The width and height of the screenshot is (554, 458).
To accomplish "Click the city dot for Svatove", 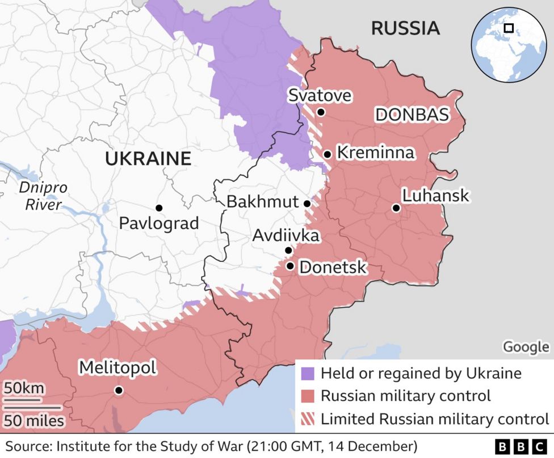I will point(321,112).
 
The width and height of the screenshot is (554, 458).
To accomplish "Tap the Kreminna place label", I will point(375,152).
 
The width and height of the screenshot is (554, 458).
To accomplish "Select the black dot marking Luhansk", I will point(396,208).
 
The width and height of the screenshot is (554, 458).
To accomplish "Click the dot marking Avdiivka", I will point(288,251).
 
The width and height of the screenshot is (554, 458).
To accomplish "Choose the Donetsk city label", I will point(333,267).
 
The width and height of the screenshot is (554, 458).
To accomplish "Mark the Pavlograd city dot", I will point(159,208).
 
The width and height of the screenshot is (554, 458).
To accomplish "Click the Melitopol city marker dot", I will point(119,390).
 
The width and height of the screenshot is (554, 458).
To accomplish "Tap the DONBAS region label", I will point(412,115).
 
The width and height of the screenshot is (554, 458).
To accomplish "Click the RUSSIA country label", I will point(405,28).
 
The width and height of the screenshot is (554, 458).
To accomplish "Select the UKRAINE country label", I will point(148,159).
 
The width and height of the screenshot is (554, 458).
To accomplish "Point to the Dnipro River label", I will point(43,196).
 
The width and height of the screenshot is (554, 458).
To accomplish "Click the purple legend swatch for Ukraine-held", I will point(307,374).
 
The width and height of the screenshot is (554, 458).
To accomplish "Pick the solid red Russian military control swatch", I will point(307,396).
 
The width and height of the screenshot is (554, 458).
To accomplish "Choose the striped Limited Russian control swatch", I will point(307,419).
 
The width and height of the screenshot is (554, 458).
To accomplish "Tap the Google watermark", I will point(526,347).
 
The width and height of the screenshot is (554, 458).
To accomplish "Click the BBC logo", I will point(520,446).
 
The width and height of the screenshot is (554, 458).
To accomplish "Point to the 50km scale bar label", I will point(24,389).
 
